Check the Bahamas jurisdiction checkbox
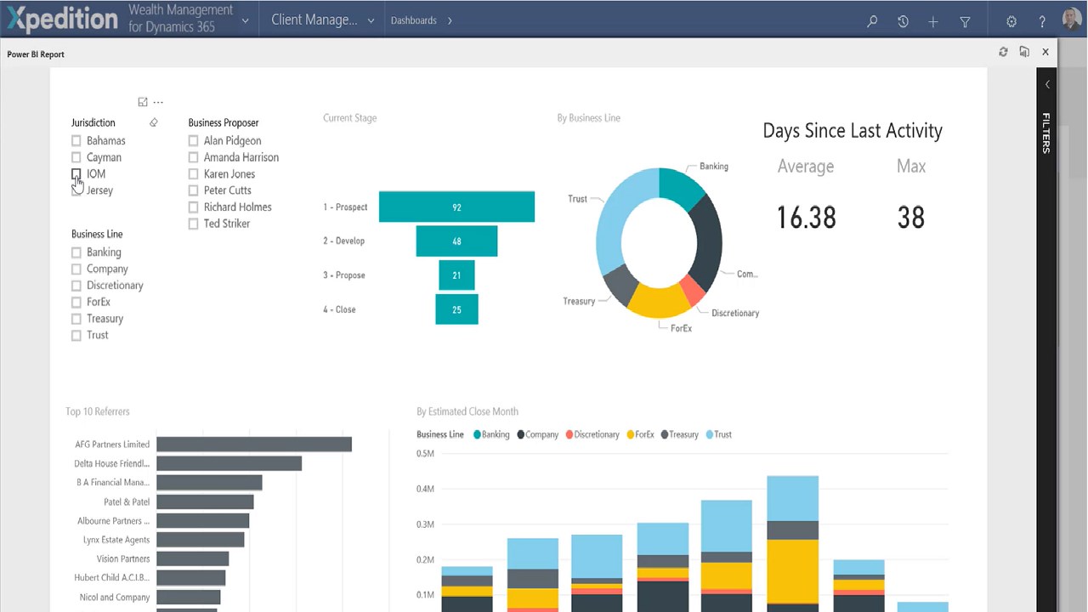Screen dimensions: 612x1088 click(x=76, y=141)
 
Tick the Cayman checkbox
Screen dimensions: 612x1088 click(x=76, y=157)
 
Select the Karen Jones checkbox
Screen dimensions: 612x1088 click(x=194, y=174)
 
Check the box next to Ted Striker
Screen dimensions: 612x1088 click(x=194, y=224)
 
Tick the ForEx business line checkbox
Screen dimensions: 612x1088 click(x=76, y=302)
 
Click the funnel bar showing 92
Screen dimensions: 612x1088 click(x=456, y=207)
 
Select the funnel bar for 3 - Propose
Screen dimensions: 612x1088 click(x=456, y=275)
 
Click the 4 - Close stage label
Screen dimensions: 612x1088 click(x=339, y=309)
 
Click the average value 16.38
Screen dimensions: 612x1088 click(x=806, y=218)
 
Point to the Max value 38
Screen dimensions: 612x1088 click(x=910, y=218)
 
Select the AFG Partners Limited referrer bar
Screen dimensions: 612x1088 click(x=253, y=445)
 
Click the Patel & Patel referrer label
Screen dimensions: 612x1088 click(x=127, y=501)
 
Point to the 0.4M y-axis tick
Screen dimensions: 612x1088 click(x=425, y=489)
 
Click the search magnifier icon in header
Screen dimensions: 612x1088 click(x=872, y=21)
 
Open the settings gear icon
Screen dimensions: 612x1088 click(x=1011, y=21)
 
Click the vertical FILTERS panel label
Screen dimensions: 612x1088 click(x=1046, y=133)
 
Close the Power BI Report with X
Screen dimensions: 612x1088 click(x=1045, y=52)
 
